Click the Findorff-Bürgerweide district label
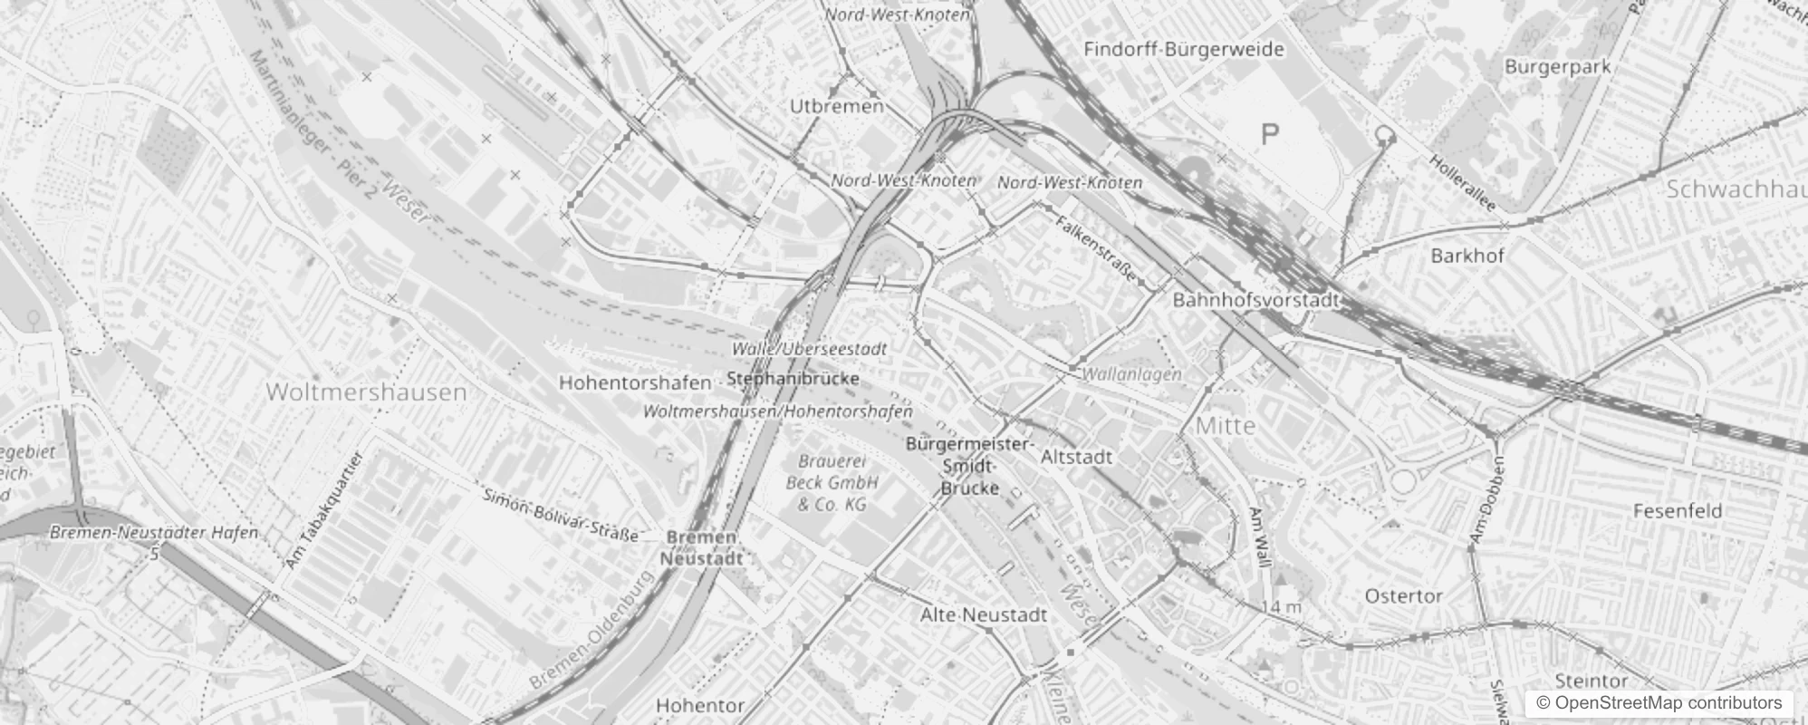1184,49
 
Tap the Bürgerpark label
1557,66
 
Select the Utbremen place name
836,106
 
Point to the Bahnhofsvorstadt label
1255,300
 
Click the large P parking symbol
1270,135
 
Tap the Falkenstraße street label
1095,246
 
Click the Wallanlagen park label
1132,373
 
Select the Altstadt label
1076,457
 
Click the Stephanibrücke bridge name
793,378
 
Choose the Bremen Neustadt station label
701,547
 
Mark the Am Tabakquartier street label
323,511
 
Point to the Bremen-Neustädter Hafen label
154,533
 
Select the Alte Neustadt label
983,614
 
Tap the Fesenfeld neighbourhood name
1677,511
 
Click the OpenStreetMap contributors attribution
1658,703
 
